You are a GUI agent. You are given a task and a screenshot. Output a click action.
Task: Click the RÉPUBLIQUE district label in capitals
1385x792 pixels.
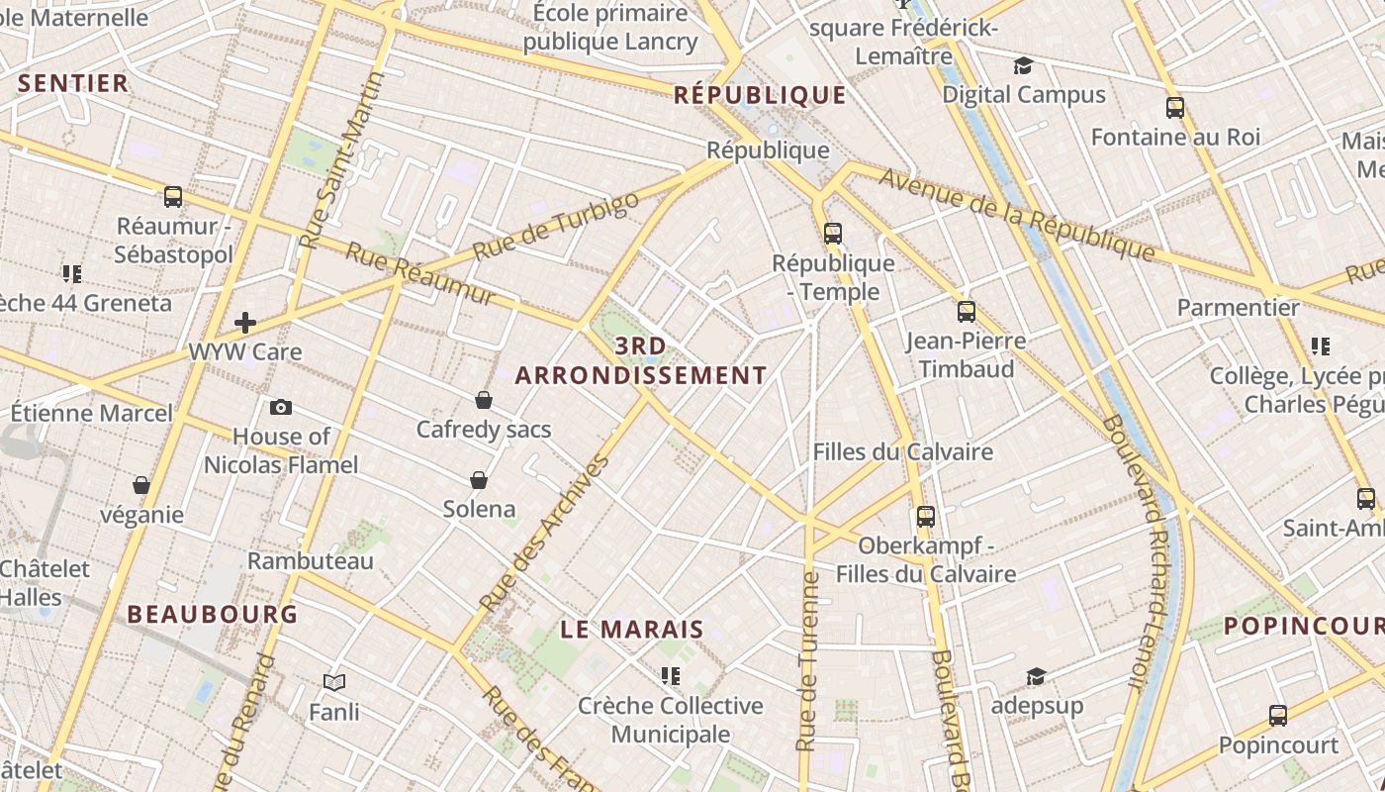760,95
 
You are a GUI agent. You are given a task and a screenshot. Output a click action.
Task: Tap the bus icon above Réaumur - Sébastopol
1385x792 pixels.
173,197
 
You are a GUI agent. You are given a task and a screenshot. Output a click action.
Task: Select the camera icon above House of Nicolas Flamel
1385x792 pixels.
281,407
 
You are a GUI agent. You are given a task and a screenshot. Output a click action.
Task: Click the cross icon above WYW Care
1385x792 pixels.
244,322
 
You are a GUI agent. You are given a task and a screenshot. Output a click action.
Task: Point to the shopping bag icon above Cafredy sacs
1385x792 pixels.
484,400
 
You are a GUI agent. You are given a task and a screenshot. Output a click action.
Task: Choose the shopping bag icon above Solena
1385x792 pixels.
479,480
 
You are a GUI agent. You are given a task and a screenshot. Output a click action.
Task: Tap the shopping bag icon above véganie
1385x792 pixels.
141,485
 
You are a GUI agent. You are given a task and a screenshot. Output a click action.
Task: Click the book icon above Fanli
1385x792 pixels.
334,682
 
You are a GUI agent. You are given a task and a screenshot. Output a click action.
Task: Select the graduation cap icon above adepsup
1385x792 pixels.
1036,676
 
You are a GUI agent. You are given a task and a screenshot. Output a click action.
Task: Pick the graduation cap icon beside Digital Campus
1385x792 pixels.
1023,66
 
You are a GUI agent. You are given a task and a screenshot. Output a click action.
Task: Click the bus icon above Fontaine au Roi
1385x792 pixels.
1175,108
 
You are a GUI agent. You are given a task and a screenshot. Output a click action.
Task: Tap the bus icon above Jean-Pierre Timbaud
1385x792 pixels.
967,312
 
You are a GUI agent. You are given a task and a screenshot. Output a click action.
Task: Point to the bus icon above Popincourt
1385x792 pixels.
1278,716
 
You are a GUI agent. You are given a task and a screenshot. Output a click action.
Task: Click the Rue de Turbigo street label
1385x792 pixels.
556,227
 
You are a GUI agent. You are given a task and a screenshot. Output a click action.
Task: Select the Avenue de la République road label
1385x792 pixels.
1017,215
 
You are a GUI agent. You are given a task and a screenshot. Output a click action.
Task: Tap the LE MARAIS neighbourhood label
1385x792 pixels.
632,630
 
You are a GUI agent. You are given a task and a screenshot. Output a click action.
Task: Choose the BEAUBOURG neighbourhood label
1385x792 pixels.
213,614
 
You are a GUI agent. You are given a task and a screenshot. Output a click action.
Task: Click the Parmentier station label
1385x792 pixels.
1238,307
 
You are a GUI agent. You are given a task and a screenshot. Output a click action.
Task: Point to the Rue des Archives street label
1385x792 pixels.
543,532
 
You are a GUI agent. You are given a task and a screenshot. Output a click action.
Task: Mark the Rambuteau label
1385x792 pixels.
311,560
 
